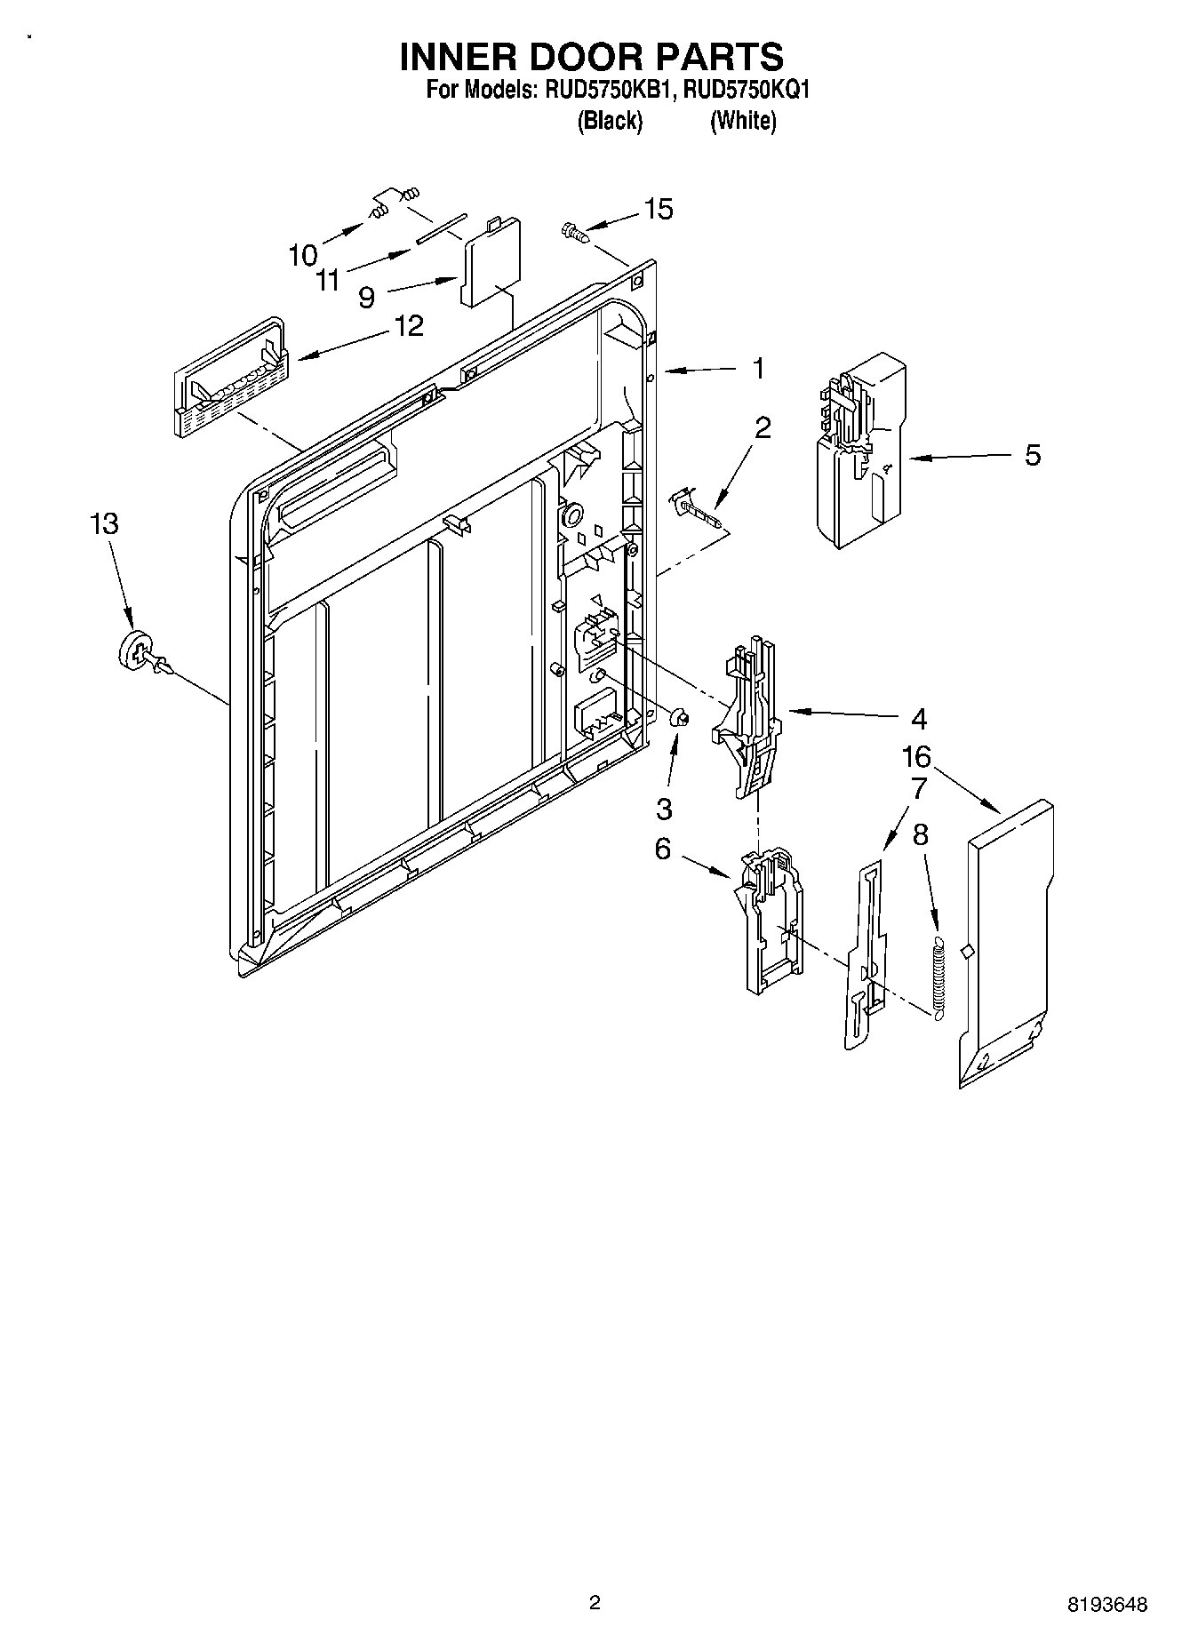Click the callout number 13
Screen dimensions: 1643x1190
click(104, 523)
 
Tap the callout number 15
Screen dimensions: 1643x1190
click(658, 210)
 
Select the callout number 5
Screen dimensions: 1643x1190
click(1032, 455)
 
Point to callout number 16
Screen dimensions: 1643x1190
click(916, 757)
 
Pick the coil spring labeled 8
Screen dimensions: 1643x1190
click(938, 975)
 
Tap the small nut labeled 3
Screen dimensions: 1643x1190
click(679, 715)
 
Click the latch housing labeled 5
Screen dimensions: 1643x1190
click(859, 451)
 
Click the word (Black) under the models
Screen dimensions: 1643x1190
click(610, 121)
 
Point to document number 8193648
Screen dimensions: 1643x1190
click(1106, 1603)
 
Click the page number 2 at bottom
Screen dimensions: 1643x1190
click(595, 1602)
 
